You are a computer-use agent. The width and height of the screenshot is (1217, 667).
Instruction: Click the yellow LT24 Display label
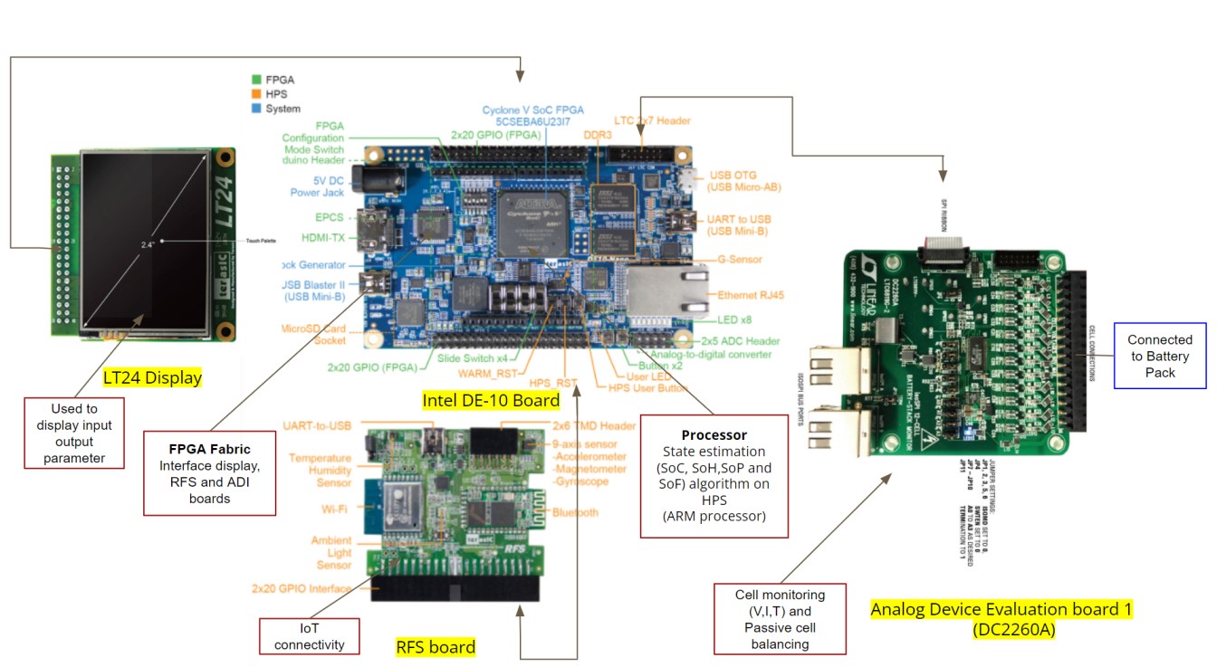click(x=152, y=377)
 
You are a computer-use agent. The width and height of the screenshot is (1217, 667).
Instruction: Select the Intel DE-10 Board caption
click(x=491, y=399)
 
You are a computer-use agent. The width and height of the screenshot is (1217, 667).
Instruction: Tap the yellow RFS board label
click(x=436, y=646)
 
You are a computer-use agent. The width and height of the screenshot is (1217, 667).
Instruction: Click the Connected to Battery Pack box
click(x=1159, y=356)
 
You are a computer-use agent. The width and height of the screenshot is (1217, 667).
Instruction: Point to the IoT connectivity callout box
click(x=309, y=636)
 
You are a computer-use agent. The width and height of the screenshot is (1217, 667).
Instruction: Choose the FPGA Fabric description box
click(x=209, y=473)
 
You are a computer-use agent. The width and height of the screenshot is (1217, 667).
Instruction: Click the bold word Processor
click(x=714, y=434)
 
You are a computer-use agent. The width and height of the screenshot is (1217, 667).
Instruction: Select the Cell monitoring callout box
click(x=780, y=620)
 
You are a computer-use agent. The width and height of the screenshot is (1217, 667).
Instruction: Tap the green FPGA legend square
click(x=256, y=80)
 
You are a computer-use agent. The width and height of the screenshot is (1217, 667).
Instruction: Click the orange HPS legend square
click(x=256, y=94)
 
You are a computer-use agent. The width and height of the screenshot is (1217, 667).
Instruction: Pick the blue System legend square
click(x=256, y=109)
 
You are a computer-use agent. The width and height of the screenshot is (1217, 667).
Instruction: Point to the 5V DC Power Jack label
click(x=318, y=186)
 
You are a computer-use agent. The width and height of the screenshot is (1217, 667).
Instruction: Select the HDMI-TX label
click(x=323, y=238)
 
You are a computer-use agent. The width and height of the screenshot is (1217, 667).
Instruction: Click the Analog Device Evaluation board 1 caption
click(x=1001, y=618)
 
